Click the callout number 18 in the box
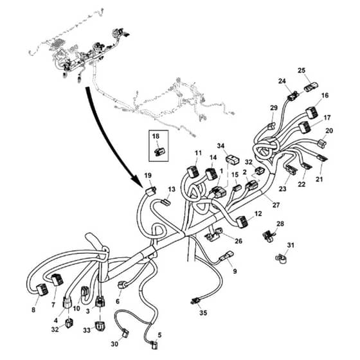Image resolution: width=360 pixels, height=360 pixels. (x=156, y=136)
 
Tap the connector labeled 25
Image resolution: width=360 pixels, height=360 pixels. (x=311, y=87)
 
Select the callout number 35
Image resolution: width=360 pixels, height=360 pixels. (x=203, y=312)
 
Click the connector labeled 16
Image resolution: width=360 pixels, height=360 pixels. (x=312, y=112)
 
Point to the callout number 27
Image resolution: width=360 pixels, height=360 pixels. (x=276, y=204)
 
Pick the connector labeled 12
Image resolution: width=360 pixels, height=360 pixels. (x=242, y=221)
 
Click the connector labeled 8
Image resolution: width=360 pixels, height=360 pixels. (x=42, y=290)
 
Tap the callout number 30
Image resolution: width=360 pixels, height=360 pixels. (x=114, y=344)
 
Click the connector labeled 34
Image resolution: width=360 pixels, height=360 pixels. (x=232, y=159)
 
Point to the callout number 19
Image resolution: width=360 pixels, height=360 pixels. (x=148, y=175)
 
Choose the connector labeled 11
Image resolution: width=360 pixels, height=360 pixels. (x=192, y=172)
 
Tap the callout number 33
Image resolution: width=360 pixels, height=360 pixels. (x=87, y=330)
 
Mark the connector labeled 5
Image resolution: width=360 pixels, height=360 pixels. (x=154, y=345)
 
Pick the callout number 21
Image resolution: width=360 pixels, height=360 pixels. (x=319, y=179)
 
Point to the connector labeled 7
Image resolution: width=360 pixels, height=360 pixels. (x=57, y=280)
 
